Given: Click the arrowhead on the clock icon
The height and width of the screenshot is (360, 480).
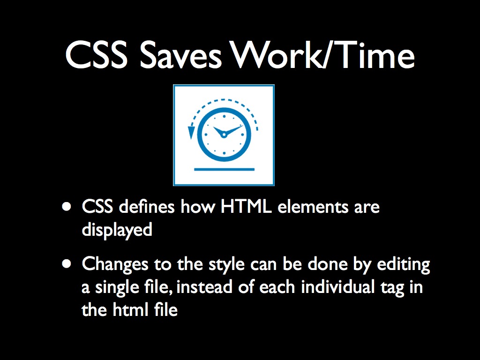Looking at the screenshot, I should pos(191,132).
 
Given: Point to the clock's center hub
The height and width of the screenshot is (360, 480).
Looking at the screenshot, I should pos(224,135).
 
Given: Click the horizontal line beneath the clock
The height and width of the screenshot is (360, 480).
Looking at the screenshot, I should pos(224,169).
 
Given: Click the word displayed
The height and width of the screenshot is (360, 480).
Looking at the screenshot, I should pos(117,230).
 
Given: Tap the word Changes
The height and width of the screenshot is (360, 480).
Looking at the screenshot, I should pos(115,264).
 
